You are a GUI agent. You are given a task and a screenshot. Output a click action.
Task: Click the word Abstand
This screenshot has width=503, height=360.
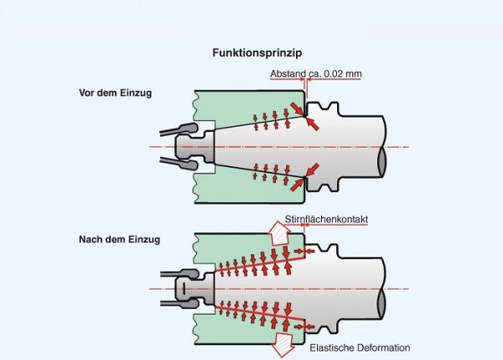[288, 74]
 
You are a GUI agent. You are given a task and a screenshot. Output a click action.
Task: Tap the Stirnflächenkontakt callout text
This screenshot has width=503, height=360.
[328, 220]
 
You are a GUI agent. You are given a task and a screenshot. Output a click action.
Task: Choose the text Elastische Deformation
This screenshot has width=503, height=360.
[360, 348]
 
